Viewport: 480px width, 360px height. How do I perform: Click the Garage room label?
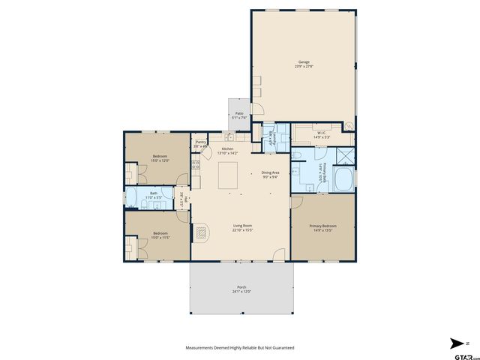pyautogui.click(x=304, y=62)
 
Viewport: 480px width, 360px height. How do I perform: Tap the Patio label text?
pyautogui.click(x=238, y=113)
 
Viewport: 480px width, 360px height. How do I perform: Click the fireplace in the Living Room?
pyautogui.click(x=200, y=232)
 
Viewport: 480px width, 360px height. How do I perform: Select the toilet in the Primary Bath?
pyautogui.click(x=298, y=156)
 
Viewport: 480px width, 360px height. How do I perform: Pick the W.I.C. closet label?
pyautogui.click(x=320, y=133)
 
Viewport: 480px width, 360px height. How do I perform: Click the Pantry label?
pyautogui.click(x=200, y=142)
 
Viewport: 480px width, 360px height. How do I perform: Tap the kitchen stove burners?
pyautogui.click(x=196, y=164)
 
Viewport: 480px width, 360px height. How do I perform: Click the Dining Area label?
pyautogui.click(x=271, y=173)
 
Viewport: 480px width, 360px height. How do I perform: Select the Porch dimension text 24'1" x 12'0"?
pyautogui.click(x=241, y=291)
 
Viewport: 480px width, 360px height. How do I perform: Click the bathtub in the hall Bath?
pyautogui.click(x=132, y=198)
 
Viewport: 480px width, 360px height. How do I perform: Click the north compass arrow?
pyautogui.click(x=458, y=343)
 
